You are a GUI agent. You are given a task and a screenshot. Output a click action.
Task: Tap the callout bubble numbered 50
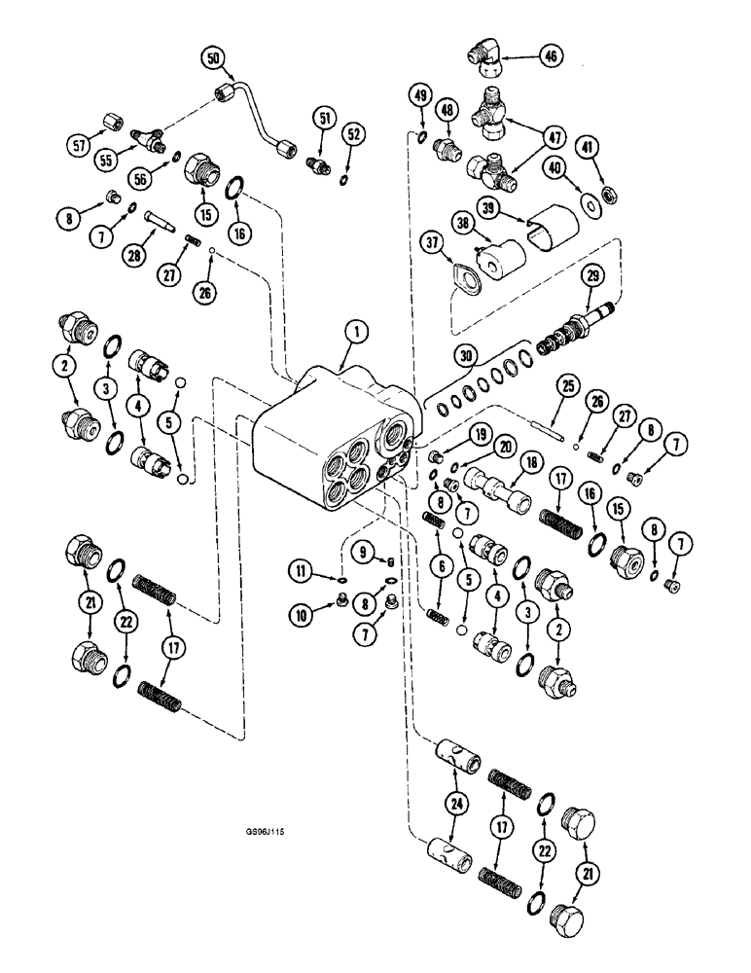213,59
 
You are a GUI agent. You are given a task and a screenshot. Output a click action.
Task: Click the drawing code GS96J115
268,833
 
